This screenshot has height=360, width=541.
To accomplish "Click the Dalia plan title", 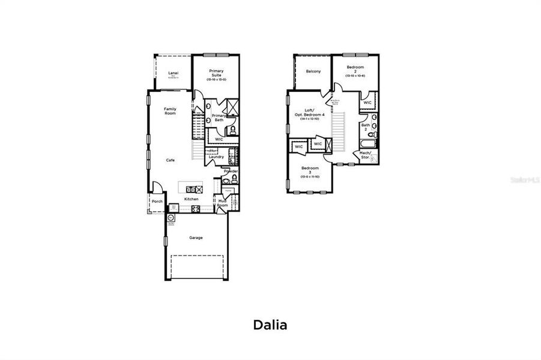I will point(270,325).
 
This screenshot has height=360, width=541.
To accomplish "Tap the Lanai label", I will point(173,74).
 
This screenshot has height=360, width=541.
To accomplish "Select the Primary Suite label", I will point(216,73).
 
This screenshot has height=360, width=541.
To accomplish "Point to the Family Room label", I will point(170,111).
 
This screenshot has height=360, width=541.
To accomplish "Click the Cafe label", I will point(171,160).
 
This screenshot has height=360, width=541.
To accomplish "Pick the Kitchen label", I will point(191,199).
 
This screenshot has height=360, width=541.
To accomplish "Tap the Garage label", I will point(196,238).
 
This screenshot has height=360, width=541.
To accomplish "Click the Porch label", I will point(157,202).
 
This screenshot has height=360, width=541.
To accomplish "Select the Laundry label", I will point(216,157).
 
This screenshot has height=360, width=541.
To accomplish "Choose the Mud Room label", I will point(222,203).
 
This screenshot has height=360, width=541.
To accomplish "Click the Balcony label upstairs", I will point(313,71).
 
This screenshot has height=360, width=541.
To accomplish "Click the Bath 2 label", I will point(365,127).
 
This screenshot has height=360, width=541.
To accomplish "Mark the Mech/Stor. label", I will point(365,154).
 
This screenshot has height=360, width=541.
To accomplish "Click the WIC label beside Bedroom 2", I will point(367,103).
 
